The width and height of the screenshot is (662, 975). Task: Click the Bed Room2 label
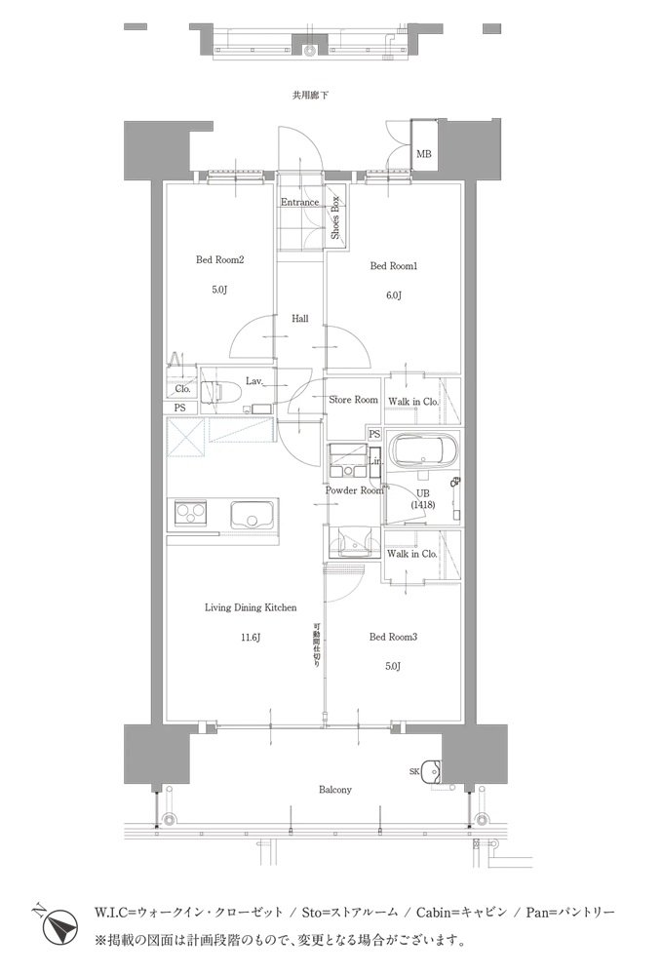219,260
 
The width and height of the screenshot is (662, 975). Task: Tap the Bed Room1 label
394,266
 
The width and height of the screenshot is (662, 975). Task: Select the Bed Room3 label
393,637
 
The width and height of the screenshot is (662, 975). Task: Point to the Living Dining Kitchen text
251,607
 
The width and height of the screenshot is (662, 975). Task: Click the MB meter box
424,145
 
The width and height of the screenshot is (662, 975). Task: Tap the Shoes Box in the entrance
335,217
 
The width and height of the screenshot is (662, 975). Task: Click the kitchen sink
252,516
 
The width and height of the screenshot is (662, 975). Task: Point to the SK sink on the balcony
431,771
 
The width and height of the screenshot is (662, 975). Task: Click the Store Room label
353,400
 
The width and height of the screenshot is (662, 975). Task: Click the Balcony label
335,790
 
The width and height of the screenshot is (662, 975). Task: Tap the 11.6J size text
250,637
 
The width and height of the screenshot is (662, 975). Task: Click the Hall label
300,319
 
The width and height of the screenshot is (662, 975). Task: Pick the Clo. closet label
182,389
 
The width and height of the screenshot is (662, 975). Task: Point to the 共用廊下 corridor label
310,96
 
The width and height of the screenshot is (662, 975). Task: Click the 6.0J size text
394,295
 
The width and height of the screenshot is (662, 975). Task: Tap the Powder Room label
354,490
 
